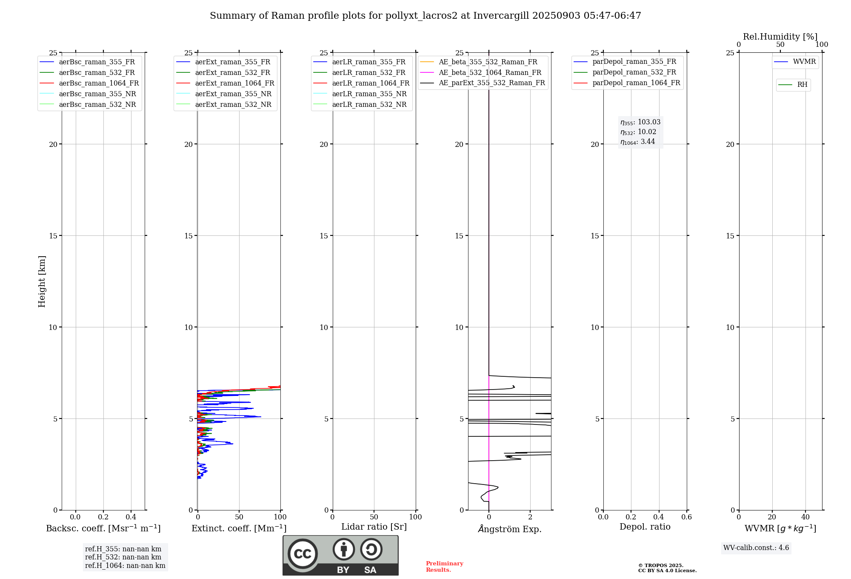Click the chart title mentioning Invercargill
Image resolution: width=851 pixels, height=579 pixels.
pyautogui.click(x=425, y=16)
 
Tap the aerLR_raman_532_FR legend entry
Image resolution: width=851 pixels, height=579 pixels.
pyautogui.click(x=368, y=73)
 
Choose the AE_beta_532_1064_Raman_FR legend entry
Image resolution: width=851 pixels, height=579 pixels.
pyautogui.click(x=490, y=73)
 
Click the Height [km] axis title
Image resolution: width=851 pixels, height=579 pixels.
pyautogui.click(x=42, y=281)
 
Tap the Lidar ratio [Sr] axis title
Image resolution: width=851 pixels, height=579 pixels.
pyautogui.click(x=374, y=527)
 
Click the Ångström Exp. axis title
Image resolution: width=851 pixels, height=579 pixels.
pyautogui.click(x=510, y=529)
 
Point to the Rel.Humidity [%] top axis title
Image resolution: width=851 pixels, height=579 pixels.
pyautogui.click(x=780, y=37)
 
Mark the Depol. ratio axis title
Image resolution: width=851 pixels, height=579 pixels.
pyautogui.click(x=645, y=527)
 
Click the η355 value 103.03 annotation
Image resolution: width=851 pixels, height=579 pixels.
pyautogui.click(x=640, y=122)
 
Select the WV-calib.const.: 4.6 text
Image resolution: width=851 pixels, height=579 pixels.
pyautogui.click(x=756, y=548)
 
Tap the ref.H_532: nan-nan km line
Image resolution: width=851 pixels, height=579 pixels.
pyautogui.click(x=123, y=557)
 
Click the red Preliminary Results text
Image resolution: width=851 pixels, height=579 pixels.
pyautogui.click(x=444, y=567)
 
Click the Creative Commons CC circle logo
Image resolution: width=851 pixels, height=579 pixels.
pyautogui.click(x=303, y=554)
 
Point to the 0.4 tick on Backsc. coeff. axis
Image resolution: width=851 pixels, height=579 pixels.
pyautogui.click(x=131, y=517)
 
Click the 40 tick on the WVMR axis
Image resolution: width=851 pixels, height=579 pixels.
pyautogui.click(x=805, y=517)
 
